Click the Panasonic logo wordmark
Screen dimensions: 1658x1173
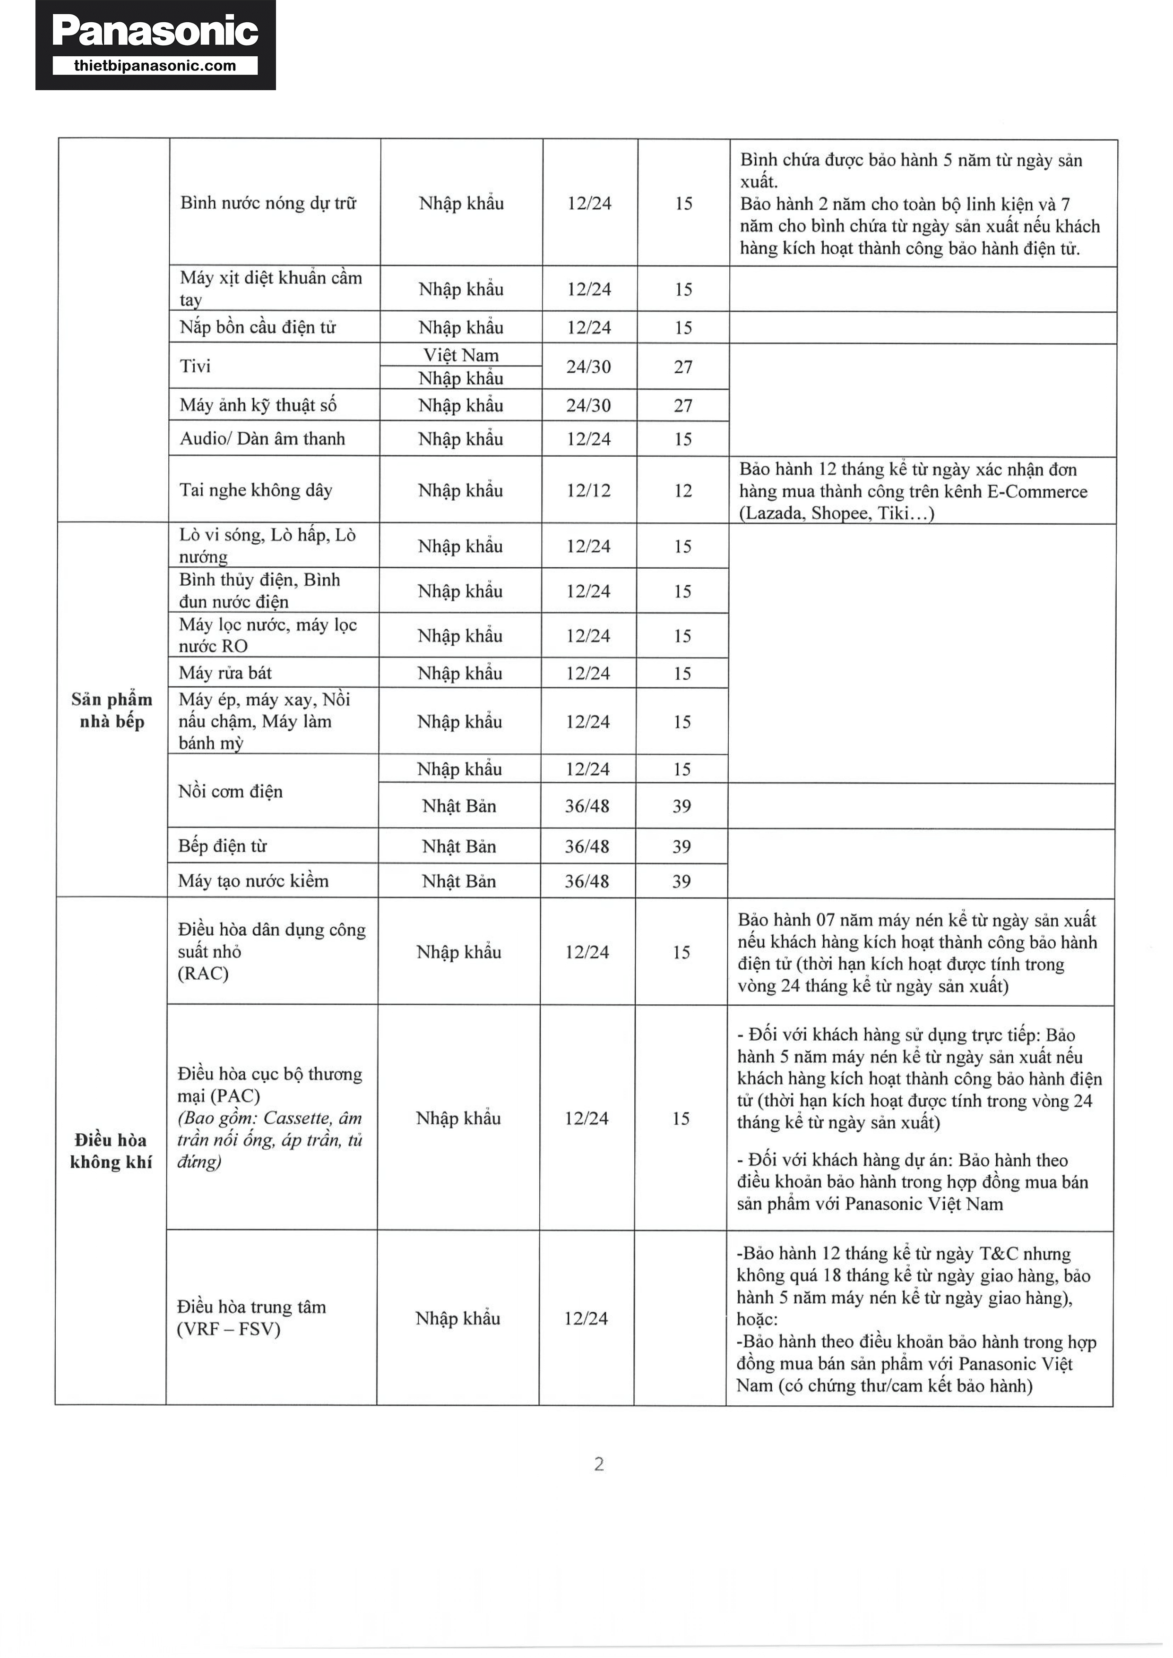pos(155,31)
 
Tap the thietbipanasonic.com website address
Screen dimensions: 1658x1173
pos(155,66)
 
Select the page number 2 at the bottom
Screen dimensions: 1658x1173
pos(599,1464)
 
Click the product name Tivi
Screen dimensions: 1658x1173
pos(195,366)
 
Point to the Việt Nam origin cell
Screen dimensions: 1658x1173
pos(461,355)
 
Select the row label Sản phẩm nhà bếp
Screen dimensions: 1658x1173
pos(112,710)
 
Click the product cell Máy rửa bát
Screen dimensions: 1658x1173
pos(225,673)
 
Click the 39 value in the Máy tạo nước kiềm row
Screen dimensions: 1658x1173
pos(681,881)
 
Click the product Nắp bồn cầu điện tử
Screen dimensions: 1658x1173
pos(258,327)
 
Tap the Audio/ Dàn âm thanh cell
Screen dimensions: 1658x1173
pos(262,438)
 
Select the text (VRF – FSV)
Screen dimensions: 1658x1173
pos(228,1329)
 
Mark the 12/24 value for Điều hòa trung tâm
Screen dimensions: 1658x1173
pos(586,1318)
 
